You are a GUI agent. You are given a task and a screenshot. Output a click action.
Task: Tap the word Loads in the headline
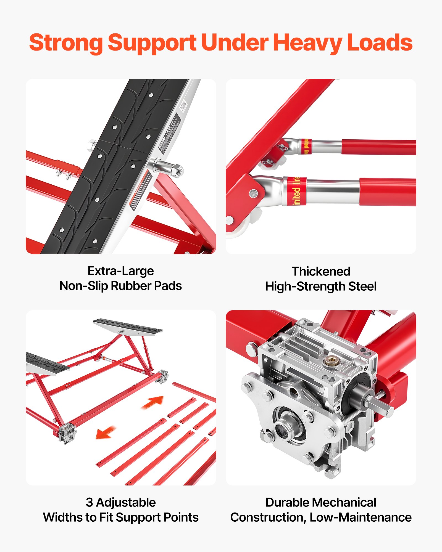pyautogui.click(x=380, y=43)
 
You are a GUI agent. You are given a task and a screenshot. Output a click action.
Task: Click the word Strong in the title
pyautogui.click(x=66, y=43)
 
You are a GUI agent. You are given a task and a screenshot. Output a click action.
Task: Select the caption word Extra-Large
pyautogui.click(x=120, y=271)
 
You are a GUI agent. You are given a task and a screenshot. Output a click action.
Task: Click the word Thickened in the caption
pyautogui.click(x=321, y=271)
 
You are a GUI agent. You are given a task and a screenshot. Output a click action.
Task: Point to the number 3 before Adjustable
pyautogui.click(x=89, y=502)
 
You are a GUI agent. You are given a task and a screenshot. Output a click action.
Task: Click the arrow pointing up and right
pyautogui.click(x=153, y=402)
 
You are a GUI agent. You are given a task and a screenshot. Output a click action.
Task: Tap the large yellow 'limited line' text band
pyautogui.click(x=296, y=191)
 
